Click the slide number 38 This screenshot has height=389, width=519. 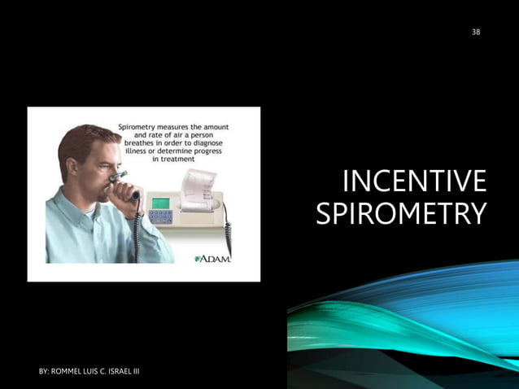(476, 32)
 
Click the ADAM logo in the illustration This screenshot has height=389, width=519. (214, 259)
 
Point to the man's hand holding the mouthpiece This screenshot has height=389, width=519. (122, 196)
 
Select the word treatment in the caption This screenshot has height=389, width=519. (178, 159)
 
